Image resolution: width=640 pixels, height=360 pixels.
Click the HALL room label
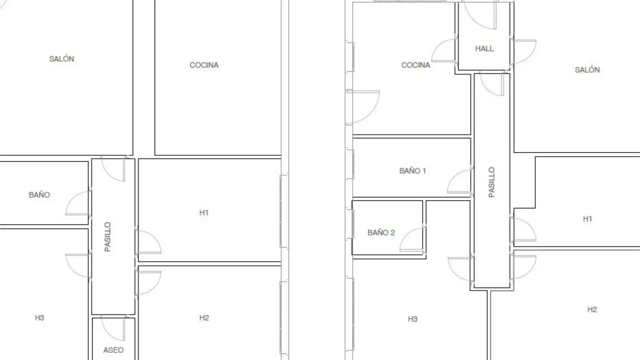click(484, 49)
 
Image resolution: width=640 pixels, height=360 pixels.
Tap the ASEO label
click(113, 350)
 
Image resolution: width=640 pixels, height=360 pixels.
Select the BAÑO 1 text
click(413, 171)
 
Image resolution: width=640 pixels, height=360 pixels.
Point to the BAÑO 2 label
click(381, 233)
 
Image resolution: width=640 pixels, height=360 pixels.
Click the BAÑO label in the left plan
click(39, 195)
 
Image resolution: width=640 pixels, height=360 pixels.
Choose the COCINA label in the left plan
click(204, 65)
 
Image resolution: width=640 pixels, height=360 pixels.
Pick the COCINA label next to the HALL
click(416, 65)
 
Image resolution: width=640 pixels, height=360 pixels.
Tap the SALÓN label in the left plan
click(62, 59)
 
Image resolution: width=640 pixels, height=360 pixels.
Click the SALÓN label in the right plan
click(587, 70)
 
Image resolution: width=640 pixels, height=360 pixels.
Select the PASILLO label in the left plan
click(107, 237)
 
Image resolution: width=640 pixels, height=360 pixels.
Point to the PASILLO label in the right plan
click(492, 182)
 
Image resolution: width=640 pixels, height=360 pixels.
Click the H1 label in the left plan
click(204, 213)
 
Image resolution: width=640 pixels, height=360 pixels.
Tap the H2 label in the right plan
click(592, 310)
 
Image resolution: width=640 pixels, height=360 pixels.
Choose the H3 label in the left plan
click(39, 318)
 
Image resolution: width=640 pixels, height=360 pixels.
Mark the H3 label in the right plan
click(413, 319)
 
